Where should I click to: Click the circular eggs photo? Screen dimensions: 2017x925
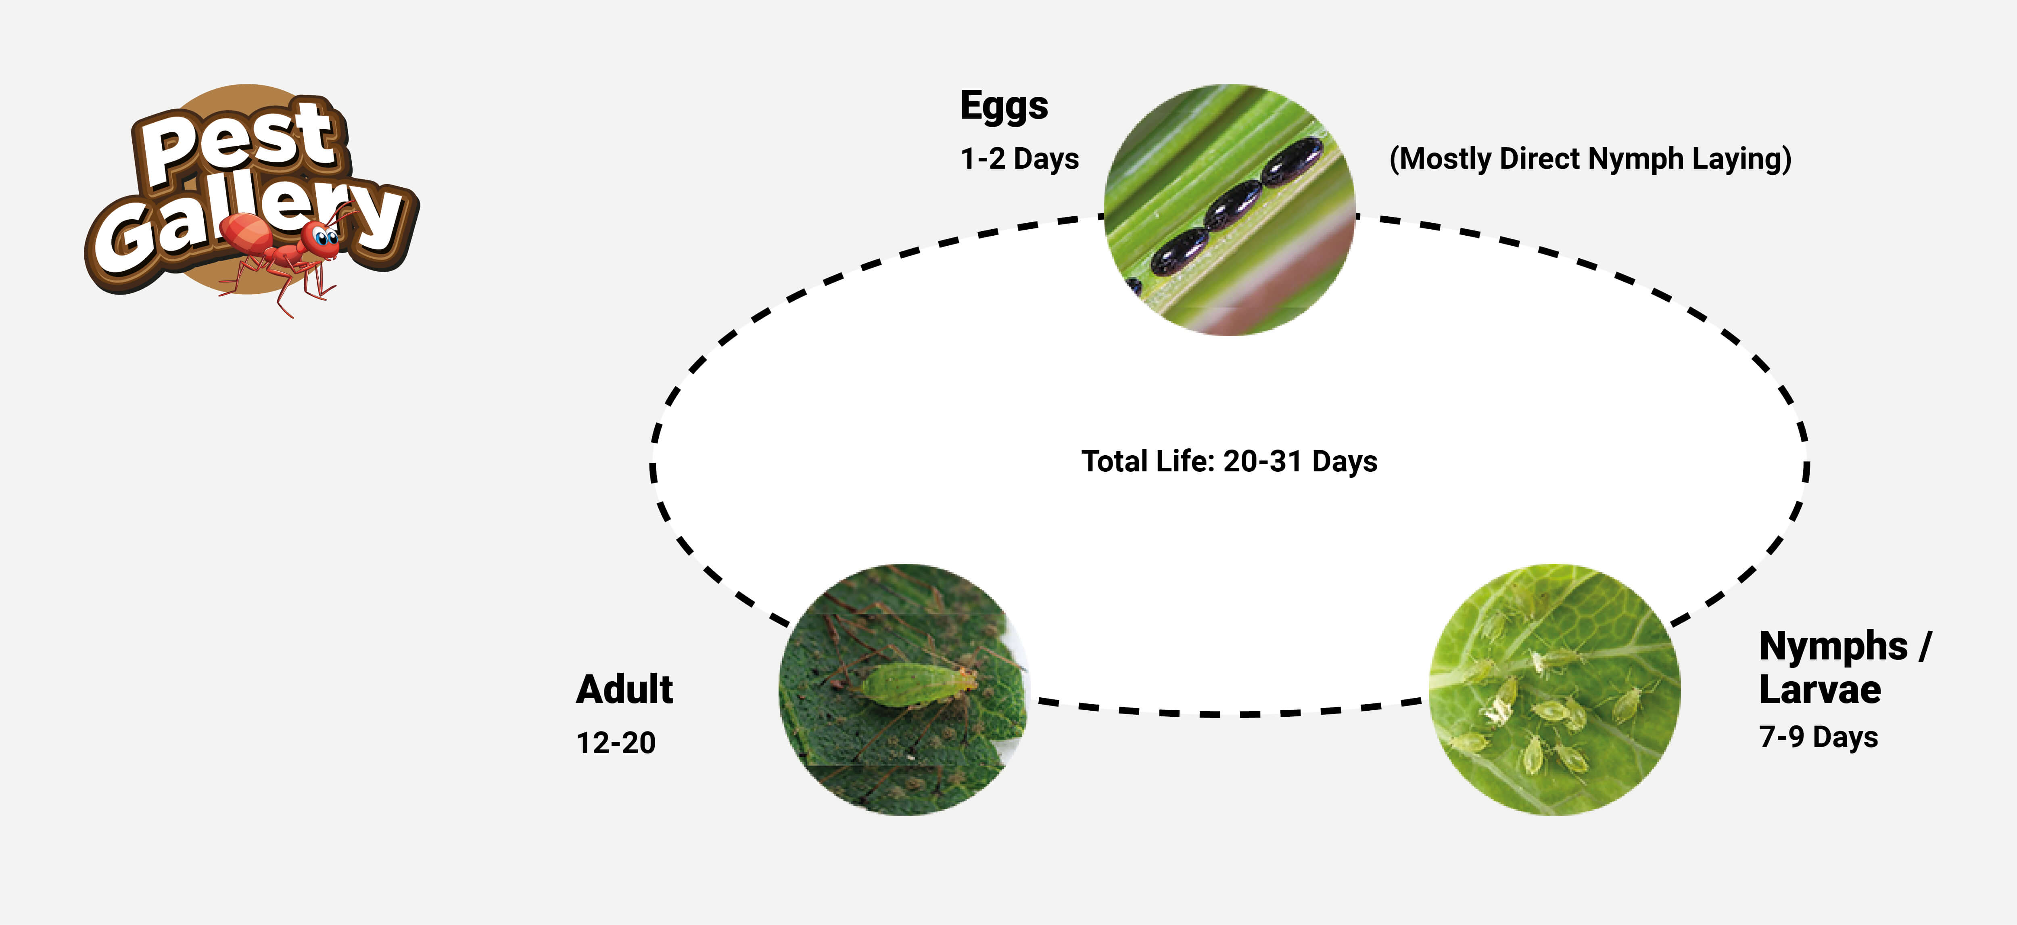click(x=1229, y=210)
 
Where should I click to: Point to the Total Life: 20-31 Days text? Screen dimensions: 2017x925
click(x=1229, y=461)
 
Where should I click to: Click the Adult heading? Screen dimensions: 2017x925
click(x=624, y=690)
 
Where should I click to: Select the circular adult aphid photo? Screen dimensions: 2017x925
click(x=904, y=689)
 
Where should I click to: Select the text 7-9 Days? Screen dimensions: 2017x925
click(x=1818, y=737)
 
